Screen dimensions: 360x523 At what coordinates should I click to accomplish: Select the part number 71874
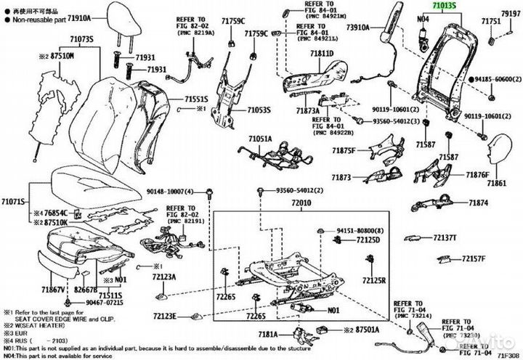pyautogui.click(x=478, y=203)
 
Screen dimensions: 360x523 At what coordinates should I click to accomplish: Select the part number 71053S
pyautogui.click(x=259, y=110)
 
